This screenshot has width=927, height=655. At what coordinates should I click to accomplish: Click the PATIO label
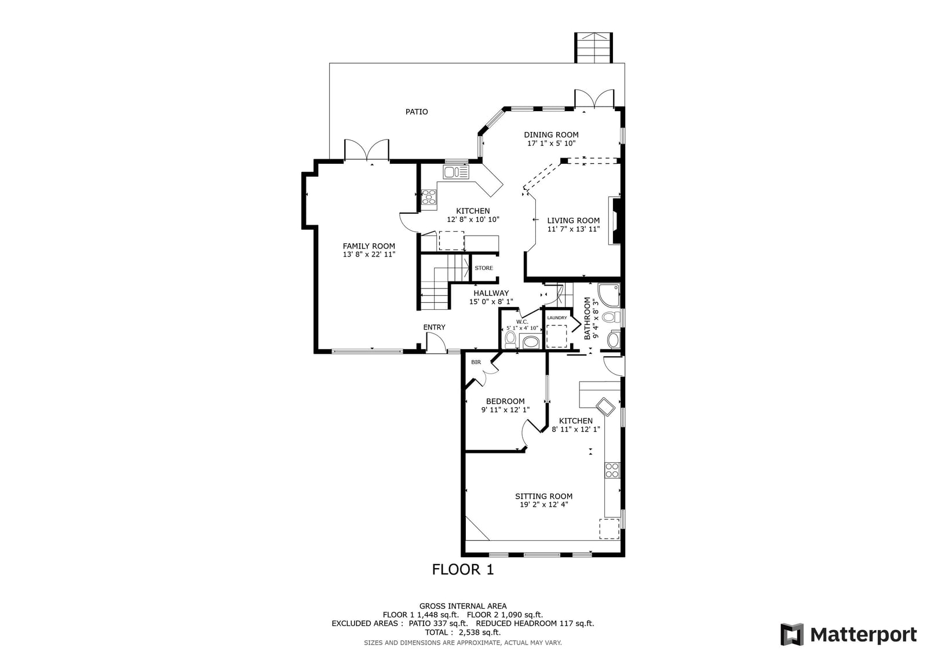click(417, 112)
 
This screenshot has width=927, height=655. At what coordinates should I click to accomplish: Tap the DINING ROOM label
click(551, 135)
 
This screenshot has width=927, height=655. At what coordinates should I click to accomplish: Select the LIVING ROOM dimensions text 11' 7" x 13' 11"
click(574, 229)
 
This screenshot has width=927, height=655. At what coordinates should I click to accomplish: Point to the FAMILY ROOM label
click(368, 246)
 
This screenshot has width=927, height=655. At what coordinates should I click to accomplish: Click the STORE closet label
click(484, 268)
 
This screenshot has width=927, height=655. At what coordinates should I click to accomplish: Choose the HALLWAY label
click(491, 294)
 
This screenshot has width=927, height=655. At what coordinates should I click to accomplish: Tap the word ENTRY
click(434, 327)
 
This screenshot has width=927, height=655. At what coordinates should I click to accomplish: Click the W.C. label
click(522, 322)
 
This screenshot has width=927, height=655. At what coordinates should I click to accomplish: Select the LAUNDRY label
click(557, 318)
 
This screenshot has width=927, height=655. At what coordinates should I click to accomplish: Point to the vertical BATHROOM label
click(587, 318)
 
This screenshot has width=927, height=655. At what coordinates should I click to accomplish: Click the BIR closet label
click(476, 362)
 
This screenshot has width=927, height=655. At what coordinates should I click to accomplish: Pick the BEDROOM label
click(505, 401)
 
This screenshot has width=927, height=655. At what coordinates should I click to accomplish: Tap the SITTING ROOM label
click(544, 496)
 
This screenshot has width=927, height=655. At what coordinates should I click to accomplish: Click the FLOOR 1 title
click(463, 570)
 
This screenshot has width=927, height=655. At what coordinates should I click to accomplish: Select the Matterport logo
click(849, 634)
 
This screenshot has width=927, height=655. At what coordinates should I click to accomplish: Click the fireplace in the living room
click(615, 221)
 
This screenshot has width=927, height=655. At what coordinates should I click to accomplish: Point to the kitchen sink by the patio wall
click(456, 172)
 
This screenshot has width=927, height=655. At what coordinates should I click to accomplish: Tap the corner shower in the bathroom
click(609, 295)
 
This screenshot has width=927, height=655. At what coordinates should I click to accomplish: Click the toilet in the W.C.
click(510, 339)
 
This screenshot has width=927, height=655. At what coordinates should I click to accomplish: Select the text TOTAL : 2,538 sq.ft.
click(463, 632)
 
